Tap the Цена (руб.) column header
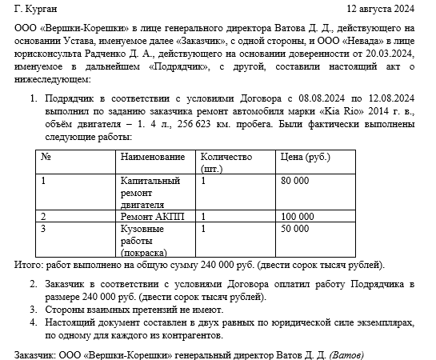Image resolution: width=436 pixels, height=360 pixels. [x=305, y=157]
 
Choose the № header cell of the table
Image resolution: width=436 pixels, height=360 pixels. [x=46, y=157]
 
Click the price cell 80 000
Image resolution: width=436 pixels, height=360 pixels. [x=295, y=181]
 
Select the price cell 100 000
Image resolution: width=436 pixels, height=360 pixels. [x=298, y=216]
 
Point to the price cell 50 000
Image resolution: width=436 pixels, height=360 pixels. [x=295, y=229]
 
